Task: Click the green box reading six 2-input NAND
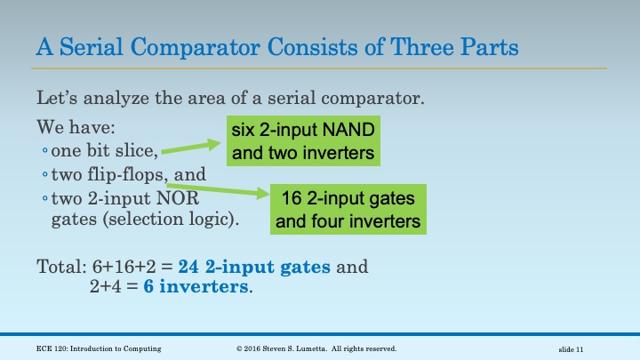(x=302, y=142)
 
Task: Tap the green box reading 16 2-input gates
(x=348, y=208)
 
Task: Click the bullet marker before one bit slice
(x=45, y=149)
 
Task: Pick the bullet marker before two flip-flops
(x=45, y=175)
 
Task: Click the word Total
(x=58, y=266)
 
